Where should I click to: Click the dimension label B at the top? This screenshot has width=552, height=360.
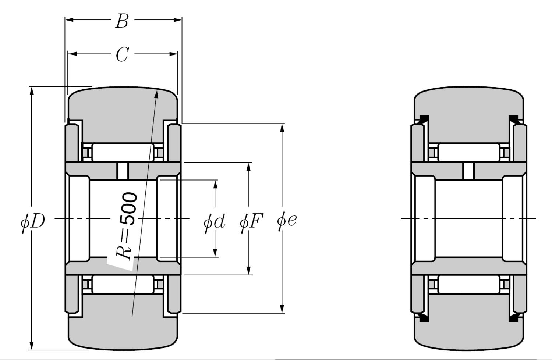pos(122,21)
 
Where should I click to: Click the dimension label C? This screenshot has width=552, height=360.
pos(122,54)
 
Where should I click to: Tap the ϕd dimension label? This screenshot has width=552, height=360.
pos(214,222)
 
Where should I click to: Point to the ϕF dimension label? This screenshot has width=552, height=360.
pos(251,222)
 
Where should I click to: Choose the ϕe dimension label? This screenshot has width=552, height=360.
pos(287,221)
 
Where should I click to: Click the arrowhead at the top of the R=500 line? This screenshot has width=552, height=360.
pos(157,94)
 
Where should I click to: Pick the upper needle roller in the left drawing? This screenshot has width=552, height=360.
pos(122,152)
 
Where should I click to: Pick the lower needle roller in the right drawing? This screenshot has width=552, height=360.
pos(469,284)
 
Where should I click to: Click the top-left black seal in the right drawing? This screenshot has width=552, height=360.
pos(424,119)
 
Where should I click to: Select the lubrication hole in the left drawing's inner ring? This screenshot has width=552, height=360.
pos(123,171)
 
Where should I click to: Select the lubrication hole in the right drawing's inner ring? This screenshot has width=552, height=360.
pos(468,171)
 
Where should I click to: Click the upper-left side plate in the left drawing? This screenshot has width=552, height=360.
pos(72,143)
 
